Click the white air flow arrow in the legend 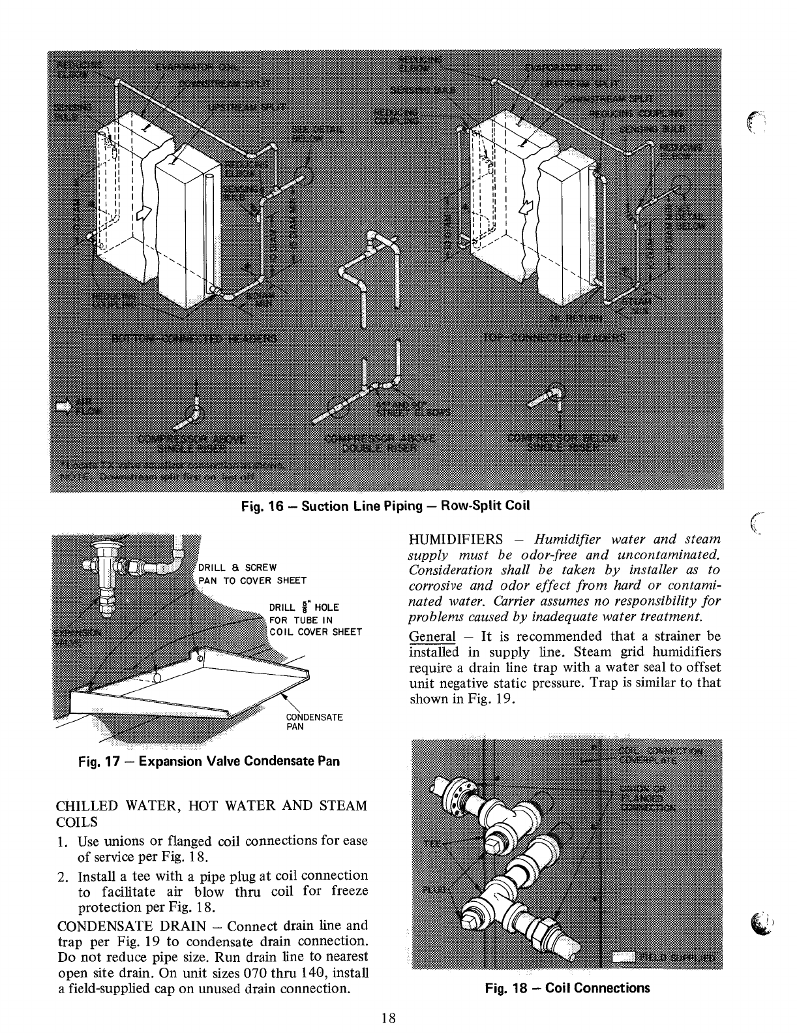pos(63,407)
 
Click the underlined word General pos(431,636)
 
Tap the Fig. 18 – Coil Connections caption pos(567,987)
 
